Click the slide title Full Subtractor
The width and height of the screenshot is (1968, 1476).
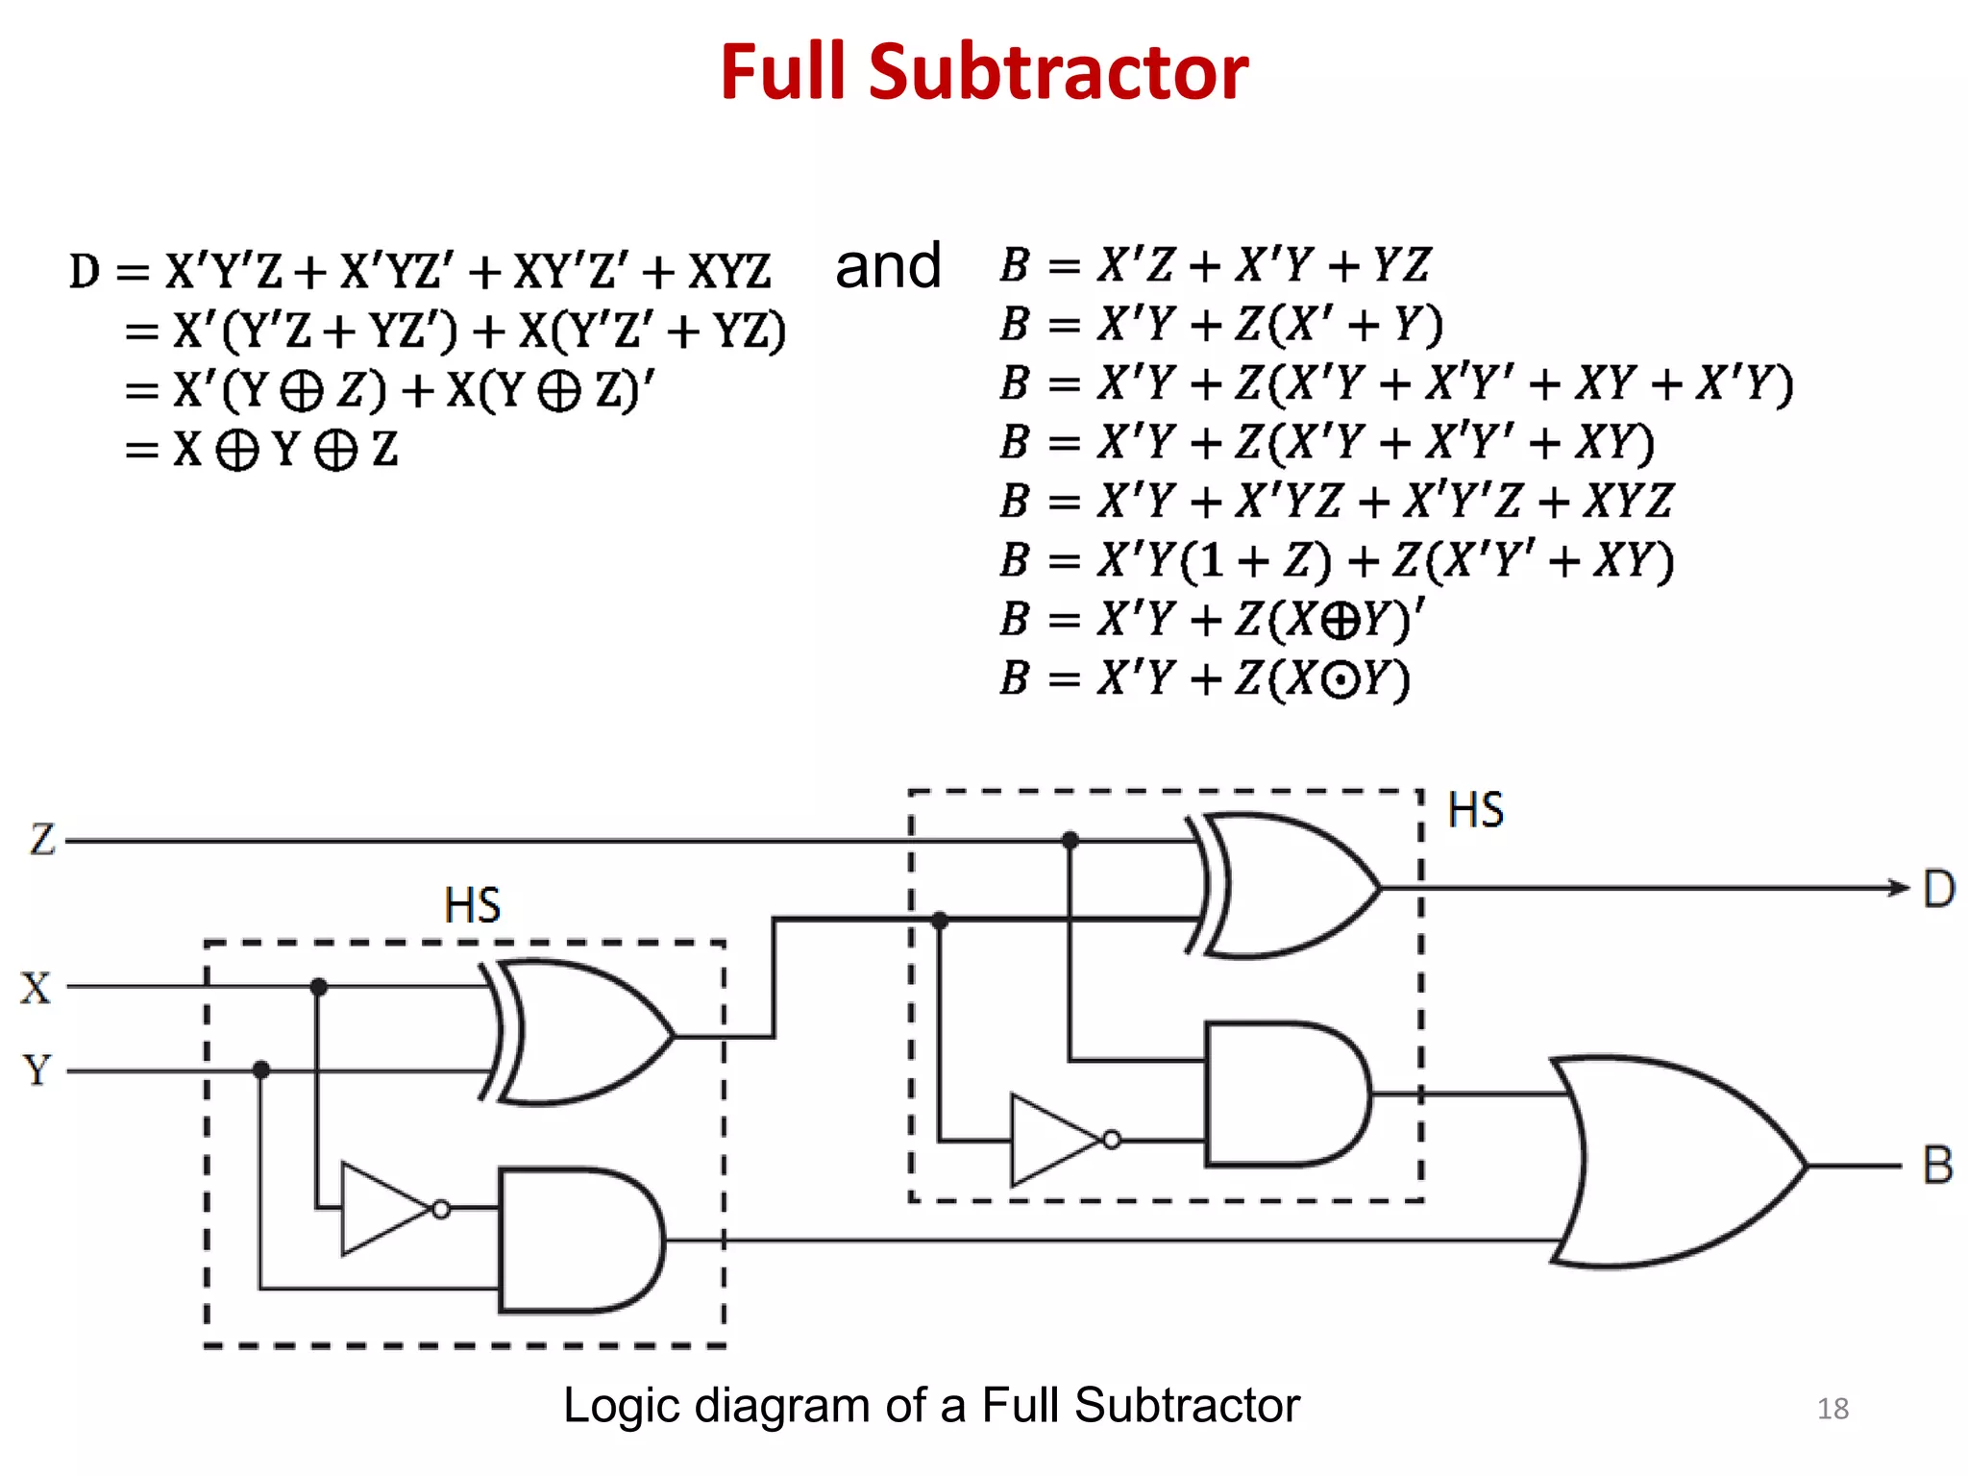click(x=983, y=73)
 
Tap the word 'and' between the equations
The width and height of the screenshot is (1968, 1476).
click(x=887, y=266)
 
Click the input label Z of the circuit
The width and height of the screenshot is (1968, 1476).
click(x=42, y=840)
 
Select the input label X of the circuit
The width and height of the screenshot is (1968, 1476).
click(x=36, y=988)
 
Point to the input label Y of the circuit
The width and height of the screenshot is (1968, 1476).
click(x=37, y=1070)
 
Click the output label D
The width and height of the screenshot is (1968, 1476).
click(x=1938, y=889)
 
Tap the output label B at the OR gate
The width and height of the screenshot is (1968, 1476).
click(x=1937, y=1166)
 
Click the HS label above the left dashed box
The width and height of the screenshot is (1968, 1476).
click(x=472, y=905)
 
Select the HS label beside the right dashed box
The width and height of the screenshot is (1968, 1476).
click(x=1475, y=810)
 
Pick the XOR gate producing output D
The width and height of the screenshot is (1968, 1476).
click(x=1288, y=886)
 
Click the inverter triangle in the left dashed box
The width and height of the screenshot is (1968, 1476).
click(x=384, y=1209)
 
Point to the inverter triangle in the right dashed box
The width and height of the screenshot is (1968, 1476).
click(x=1055, y=1141)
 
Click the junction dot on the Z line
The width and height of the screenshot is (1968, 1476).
click(x=1070, y=841)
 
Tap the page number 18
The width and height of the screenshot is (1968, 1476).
click(x=1833, y=1409)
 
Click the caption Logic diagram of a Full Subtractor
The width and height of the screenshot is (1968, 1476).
click(x=930, y=1405)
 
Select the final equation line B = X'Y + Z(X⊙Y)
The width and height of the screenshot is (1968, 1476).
click(x=1204, y=678)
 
